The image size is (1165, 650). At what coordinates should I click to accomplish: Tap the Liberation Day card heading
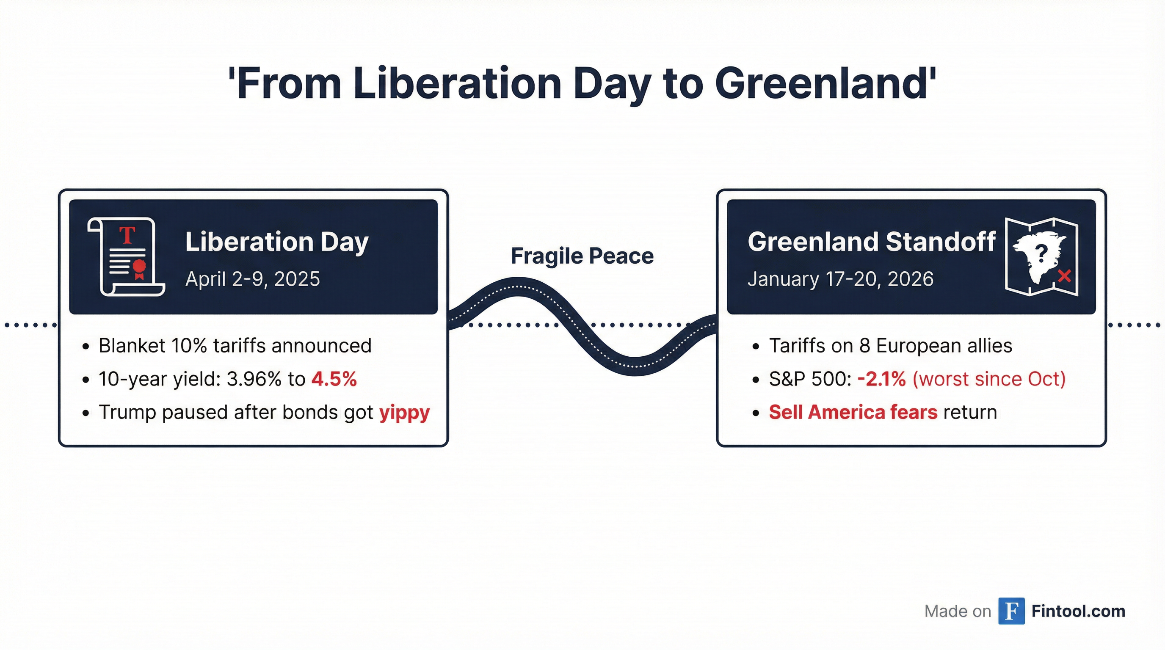(277, 242)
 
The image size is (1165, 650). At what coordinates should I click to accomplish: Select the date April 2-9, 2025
(252, 279)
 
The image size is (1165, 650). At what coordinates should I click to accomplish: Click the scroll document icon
(126, 257)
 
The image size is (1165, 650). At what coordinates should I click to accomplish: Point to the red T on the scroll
(127, 236)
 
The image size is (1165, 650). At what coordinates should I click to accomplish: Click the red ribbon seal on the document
(139, 268)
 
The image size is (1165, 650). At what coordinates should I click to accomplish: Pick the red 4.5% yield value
(334, 379)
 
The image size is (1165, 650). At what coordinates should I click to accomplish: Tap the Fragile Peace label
(582, 256)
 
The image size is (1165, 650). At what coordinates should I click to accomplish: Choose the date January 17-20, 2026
(840, 279)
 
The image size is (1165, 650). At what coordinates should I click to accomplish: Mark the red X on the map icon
(1064, 276)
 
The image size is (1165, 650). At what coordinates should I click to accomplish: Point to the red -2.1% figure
(881, 379)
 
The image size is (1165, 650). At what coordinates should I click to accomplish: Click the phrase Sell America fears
(853, 412)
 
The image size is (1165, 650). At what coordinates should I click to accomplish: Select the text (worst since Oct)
(989, 379)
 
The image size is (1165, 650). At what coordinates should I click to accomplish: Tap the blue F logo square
(1012, 611)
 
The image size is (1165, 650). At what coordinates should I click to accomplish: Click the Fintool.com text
(1078, 611)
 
